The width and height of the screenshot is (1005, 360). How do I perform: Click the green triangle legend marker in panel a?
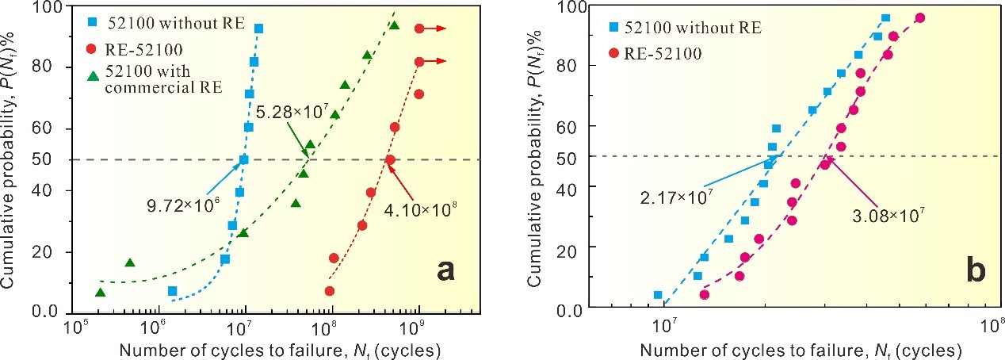[92, 76]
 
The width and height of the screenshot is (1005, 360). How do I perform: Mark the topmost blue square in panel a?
[258, 29]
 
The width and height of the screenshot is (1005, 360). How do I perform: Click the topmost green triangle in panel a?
[394, 26]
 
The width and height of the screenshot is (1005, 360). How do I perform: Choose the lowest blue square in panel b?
[657, 295]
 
